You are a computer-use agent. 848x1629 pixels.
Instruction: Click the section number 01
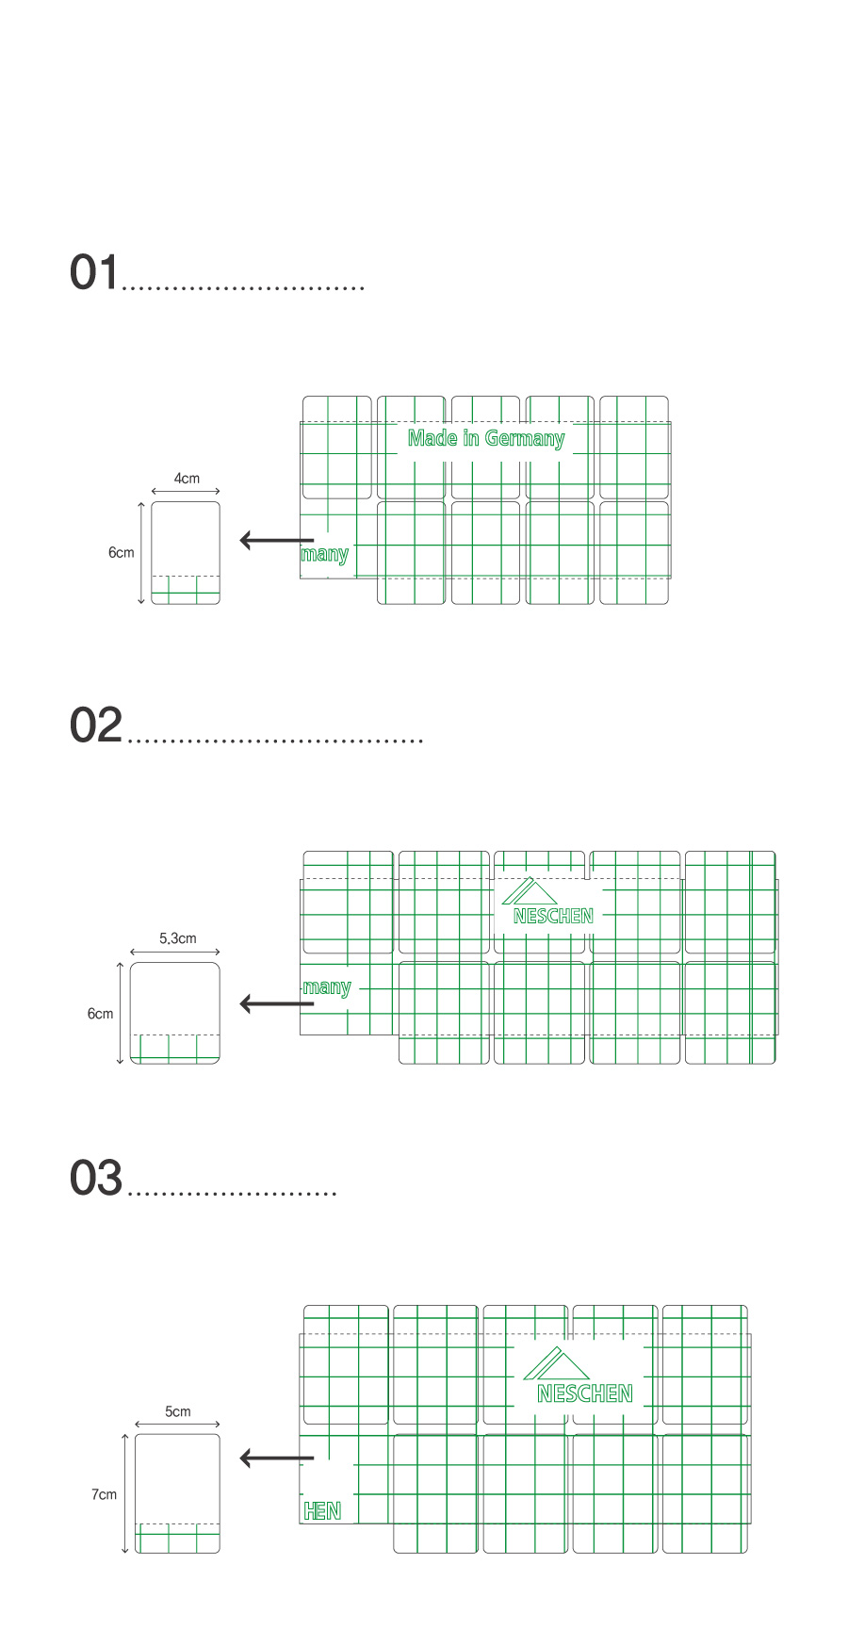[x=95, y=272]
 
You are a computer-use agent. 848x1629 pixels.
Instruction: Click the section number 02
[x=96, y=725]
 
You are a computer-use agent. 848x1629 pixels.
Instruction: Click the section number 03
[x=96, y=1179]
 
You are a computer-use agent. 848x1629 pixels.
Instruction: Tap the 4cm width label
[x=187, y=479]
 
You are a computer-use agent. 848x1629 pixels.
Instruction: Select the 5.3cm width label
[x=178, y=938]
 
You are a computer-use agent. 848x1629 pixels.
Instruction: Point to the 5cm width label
[x=178, y=1411]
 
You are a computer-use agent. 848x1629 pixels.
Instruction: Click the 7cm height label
[x=104, y=1494]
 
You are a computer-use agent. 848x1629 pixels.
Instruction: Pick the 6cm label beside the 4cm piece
[x=122, y=552]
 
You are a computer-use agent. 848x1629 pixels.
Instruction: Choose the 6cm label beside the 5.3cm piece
[x=101, y=1014]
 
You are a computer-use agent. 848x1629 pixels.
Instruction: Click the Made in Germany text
[x=486, y=438]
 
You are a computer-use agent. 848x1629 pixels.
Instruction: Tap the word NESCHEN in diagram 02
[x=553, y=916]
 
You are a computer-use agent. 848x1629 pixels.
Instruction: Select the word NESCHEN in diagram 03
[x=585, y=1393]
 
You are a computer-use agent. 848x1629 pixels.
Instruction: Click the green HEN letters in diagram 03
[x=322, y=1511]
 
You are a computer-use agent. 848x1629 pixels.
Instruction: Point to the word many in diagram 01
[x=324, y=554]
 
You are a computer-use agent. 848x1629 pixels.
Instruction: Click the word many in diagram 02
[x=327, y=987]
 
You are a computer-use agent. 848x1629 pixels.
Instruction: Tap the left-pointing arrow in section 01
[x=277, y=540]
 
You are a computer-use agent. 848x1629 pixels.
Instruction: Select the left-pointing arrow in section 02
[x=277, y=1003]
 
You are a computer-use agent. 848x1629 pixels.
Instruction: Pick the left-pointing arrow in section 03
[x=277, y=1458]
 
